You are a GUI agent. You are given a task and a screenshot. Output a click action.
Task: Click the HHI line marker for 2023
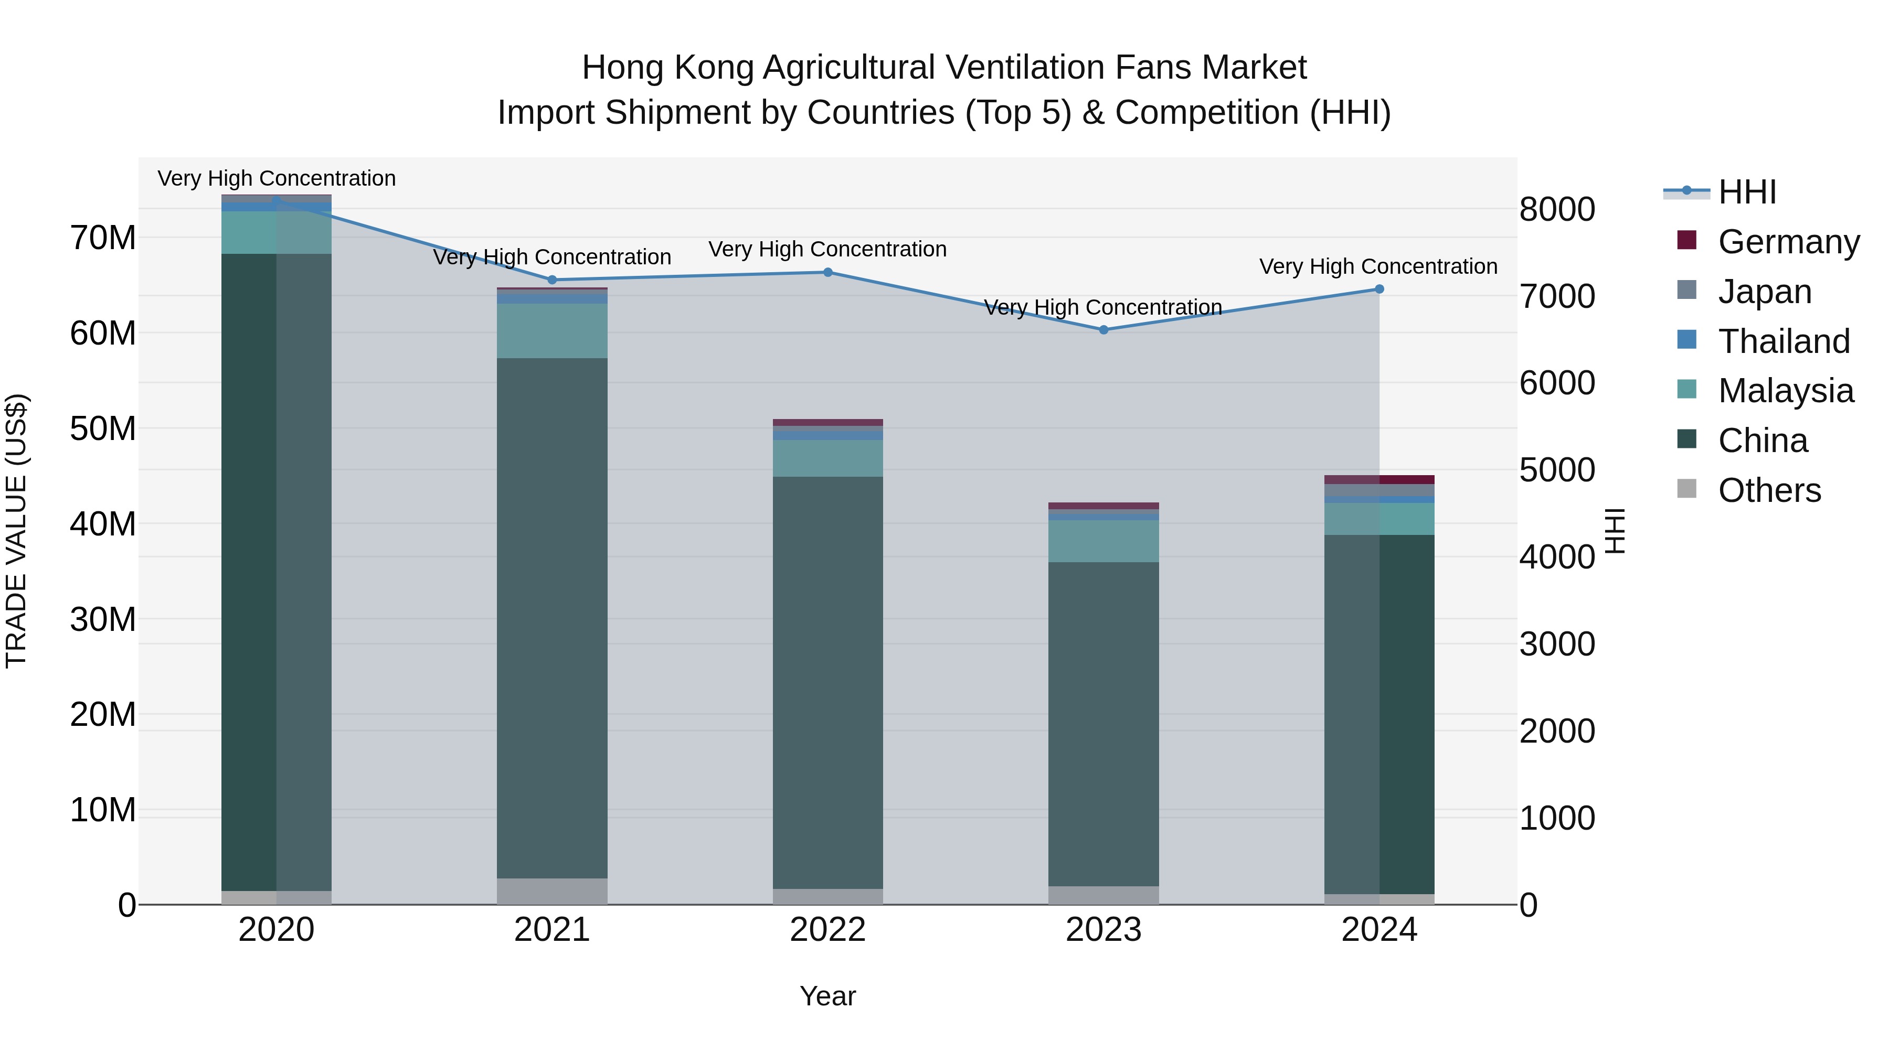pos(1103,330)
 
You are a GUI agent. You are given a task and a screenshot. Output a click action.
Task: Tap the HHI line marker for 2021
pos(552,280)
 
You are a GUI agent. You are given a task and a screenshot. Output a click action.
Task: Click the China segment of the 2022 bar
pos(828,682)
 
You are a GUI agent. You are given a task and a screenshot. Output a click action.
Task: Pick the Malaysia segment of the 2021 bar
pos(552,330)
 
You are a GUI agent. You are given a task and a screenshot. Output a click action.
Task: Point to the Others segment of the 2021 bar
pos(552,891)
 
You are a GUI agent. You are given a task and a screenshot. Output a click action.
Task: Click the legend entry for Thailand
pos(1784,341)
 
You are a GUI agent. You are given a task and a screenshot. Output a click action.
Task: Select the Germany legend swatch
pos(1686,240)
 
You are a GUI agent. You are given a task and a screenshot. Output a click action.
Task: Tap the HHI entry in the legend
pos(1747,192)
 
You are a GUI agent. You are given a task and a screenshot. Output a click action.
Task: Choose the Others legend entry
pos(1769,490)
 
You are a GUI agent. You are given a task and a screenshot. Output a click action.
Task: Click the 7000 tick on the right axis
pos(1556,296)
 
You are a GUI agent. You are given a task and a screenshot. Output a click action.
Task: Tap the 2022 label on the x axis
pos(828,930)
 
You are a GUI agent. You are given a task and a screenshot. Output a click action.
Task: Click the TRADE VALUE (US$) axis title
pos(16,531)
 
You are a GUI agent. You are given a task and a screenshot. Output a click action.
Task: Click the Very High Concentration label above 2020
pos(277,178)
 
